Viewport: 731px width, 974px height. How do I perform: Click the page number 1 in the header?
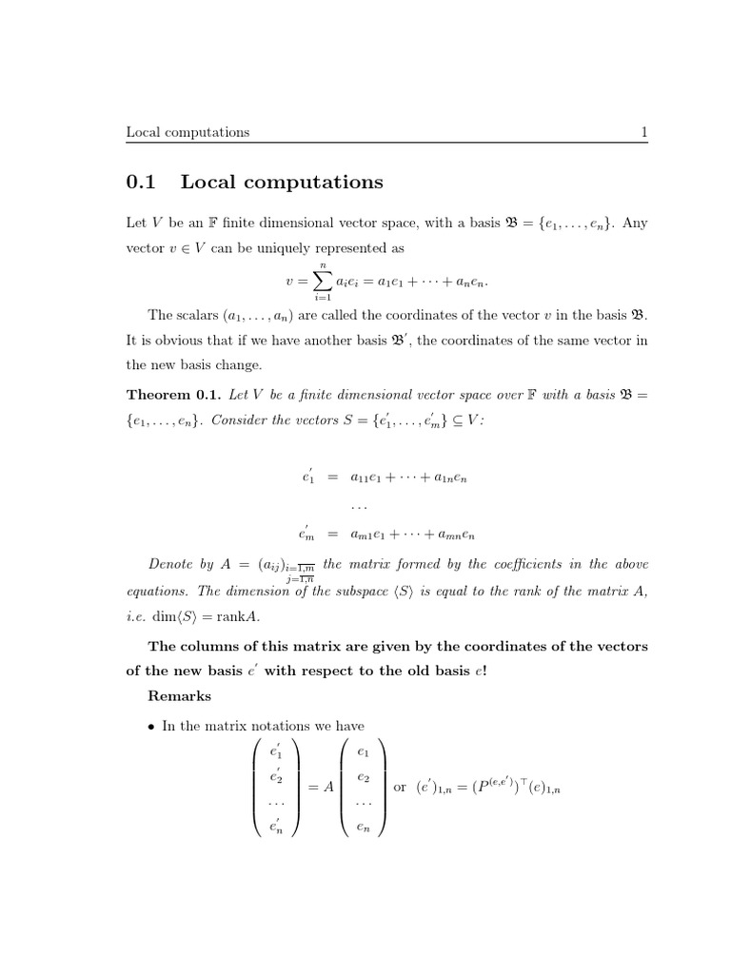[644, 132]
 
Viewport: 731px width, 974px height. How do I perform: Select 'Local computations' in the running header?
[188, 132]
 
